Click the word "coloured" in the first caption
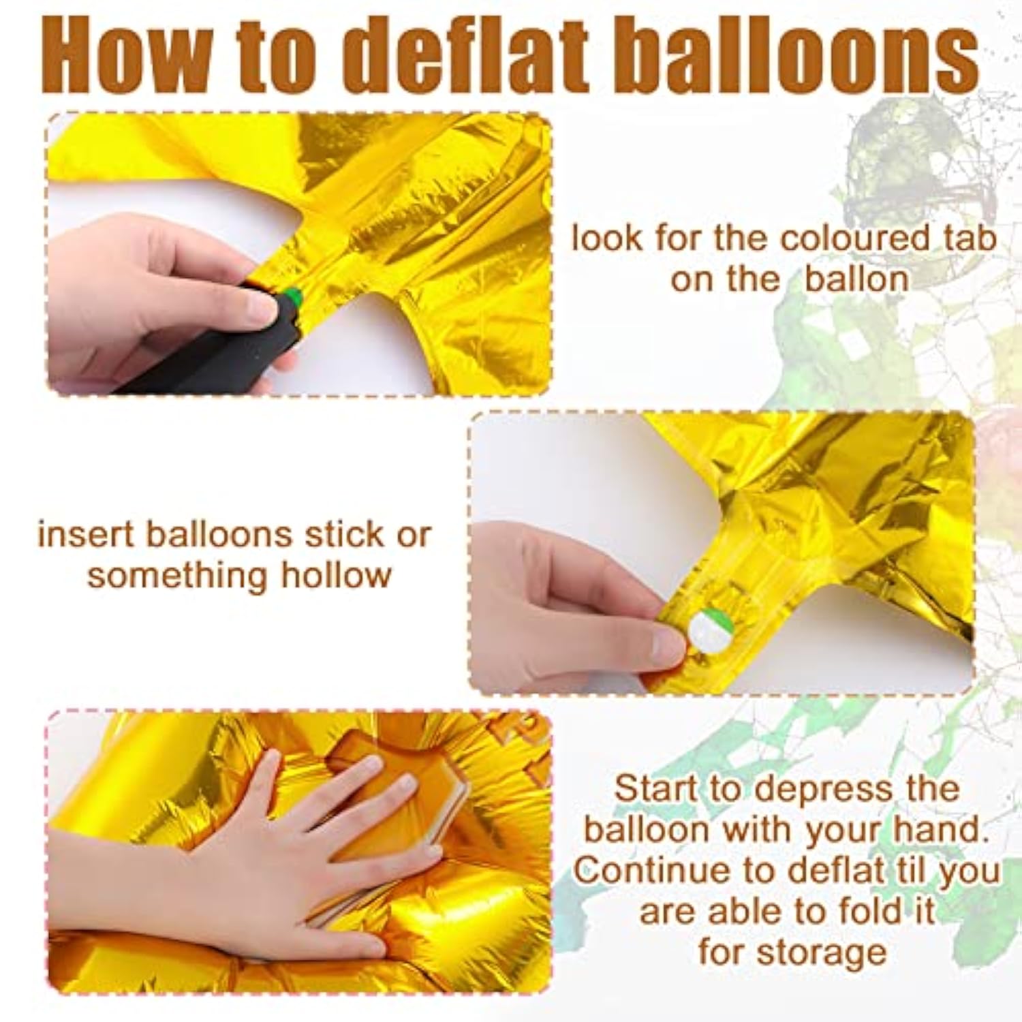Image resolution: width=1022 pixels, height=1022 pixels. (854, 239)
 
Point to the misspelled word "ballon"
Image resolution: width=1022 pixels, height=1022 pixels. (856, 279)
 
